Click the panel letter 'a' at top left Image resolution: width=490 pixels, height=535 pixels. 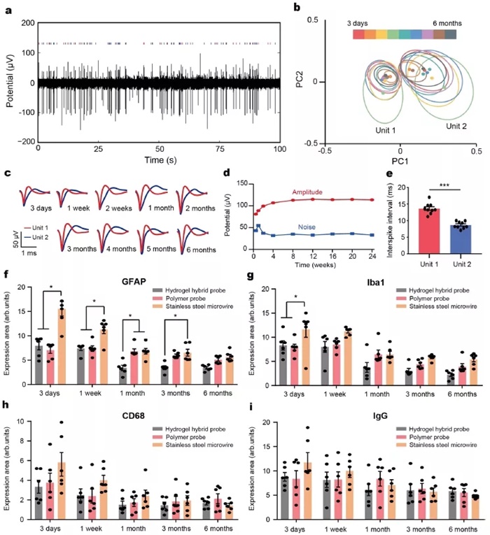click(x=6, y=7)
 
